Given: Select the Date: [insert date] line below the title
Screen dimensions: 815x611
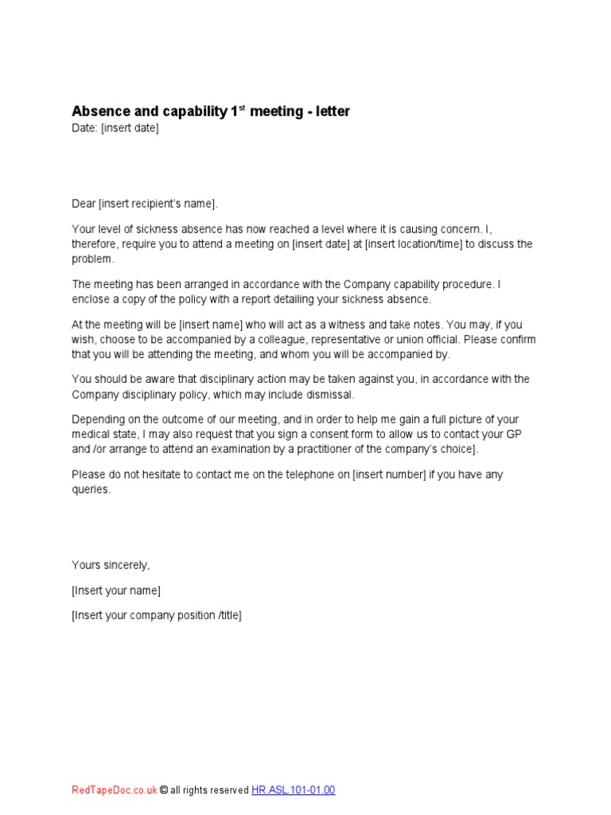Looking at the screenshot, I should coord(115,128).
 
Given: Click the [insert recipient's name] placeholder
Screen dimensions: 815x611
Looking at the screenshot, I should coord(157,204).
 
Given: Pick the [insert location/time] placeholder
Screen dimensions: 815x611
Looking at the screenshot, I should coord(414,244).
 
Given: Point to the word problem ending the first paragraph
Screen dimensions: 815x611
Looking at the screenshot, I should coord(93,259).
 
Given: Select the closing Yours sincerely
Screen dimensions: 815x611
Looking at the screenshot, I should coord(111,565).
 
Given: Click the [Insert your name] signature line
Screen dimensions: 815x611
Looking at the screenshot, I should coord(116,591).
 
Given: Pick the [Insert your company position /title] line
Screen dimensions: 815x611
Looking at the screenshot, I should coord(157,615).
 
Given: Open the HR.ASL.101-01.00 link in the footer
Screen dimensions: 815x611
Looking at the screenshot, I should coord(294,790).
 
